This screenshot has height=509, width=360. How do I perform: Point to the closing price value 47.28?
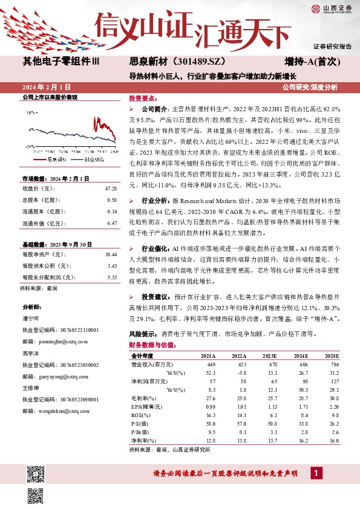[x=111, y=189]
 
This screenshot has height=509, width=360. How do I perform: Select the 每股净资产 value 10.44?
[x=110, y=255]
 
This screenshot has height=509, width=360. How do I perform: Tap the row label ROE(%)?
[x=140, y=416]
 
